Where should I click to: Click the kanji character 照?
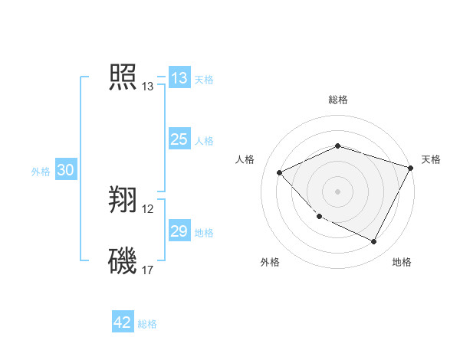click(x=123, y=78)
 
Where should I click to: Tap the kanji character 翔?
click(x=123, y=201)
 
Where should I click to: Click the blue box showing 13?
click(x=179, y=78)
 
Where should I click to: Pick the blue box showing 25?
click(x=179, y=139)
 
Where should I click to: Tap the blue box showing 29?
click(x=179, y=231)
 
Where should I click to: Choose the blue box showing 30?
click(x=65, y=171)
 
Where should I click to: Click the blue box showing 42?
click(x=123, y=322)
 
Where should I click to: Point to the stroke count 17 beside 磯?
click(x=148, y=270)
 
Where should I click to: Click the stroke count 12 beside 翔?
click(x=148, y=209)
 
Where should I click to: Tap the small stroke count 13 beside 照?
click(x=148, y=87)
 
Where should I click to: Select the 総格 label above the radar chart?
click(x=337, y=100)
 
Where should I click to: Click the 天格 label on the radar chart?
click(x=431, y=159)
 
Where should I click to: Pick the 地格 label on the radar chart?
click(x=402, y=262)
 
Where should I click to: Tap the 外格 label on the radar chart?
click(x=270, y=262)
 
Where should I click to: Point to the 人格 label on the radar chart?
click(x=245, y=159)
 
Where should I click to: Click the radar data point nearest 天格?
click(x=412, y=167)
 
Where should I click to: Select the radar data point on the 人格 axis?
click(x=280, y=173)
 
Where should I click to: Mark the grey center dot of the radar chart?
click(x=337, y=191)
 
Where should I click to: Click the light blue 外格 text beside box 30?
click(x=41, y=172)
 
